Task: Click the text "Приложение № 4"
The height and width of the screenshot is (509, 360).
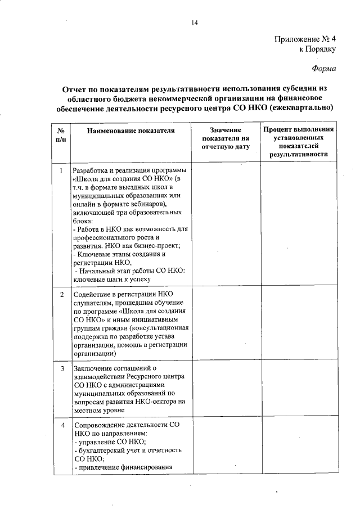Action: point(304,39)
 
